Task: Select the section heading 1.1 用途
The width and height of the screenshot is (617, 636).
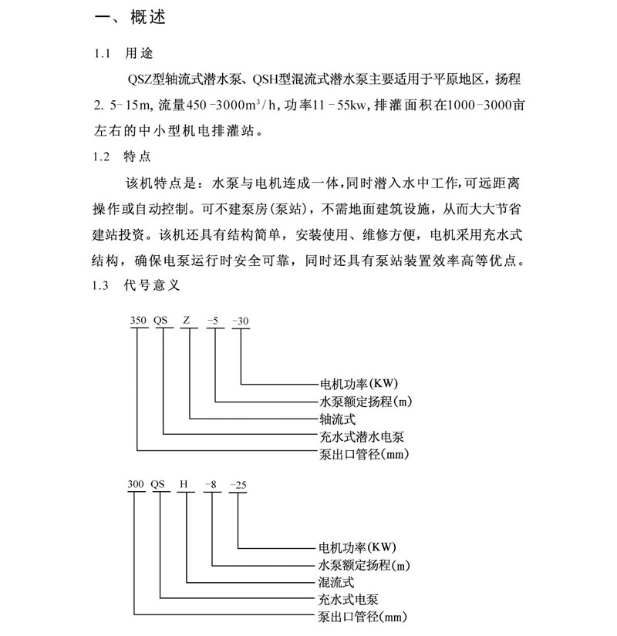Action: (x=123, y=54)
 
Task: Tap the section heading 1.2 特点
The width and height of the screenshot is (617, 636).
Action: (x=123, y=156)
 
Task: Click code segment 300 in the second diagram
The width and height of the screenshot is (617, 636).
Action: (x=136, y=485)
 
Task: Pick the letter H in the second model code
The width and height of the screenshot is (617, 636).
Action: (x=184, y=485)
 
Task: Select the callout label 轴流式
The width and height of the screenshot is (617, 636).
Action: (x=337, y=419)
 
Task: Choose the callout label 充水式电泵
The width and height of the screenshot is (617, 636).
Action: (x=352, y=599)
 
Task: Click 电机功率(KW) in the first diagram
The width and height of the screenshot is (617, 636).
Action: (x=359, y=384)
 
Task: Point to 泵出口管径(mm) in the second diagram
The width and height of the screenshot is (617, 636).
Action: (x=362, y=616)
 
